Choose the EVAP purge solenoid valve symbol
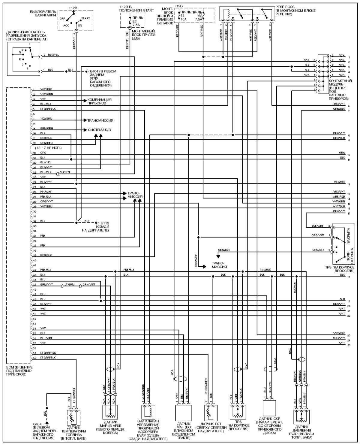click(x=148, y=413)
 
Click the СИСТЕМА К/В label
click(x=99, y=130)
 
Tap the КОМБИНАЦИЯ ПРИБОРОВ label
click(x=100, y=101)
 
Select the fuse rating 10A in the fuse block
click(x=183, y=19)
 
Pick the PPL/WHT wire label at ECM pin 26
click(x=46, y=192)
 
